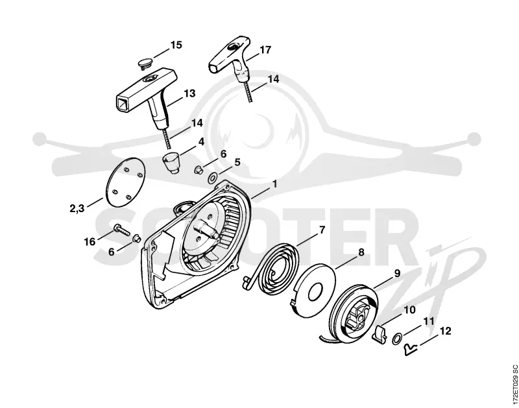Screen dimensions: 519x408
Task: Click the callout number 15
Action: (x=176, y=45)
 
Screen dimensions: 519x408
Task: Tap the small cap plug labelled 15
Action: (x=145, y=63)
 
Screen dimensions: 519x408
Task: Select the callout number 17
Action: (x=265, y=50)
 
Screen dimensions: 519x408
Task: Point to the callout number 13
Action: (x=189, y=93)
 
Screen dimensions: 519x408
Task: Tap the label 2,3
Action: (x=77, y=208)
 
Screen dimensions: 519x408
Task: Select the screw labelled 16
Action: (x=122, y=230)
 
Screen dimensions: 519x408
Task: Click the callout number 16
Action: (x=90, y=242)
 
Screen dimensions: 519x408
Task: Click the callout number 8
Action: (x=361, y=252)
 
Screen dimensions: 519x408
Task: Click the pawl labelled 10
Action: (x=379, y=333)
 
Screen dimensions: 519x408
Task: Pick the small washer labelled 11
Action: (x=396, y=339)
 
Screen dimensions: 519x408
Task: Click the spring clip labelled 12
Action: (x=411, y=349)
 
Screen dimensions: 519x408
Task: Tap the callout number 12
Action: (x=445, y=331)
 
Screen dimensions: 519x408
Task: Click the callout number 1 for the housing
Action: (x=274, y=184)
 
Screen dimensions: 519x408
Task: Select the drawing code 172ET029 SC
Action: (x=514, y=385)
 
